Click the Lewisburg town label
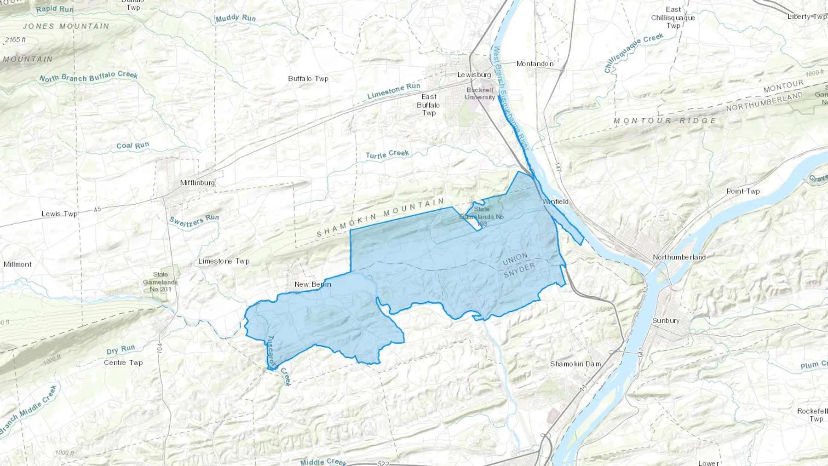click(474, 75)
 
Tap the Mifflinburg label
click(197, 183)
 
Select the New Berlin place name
click(312, 284)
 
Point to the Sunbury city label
click(666, 321)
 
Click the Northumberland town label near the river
click(679, 257)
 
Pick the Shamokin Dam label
click(575, 364)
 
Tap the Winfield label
click(555, 201)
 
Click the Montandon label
click(535, 63)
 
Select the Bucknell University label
click(480, 93)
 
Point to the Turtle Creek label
click(387, 154)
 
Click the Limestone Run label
click(394, 91)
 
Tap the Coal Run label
click(132, 146)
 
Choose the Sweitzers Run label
click(194, 221)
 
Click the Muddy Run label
click(236, 18)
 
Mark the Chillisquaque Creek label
click(633, 53)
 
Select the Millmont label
click(17, 264)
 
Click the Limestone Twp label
click(224, 261)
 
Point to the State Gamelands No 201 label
click(160, 282)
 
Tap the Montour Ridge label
click(665, 121)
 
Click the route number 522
click(383, 463)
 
